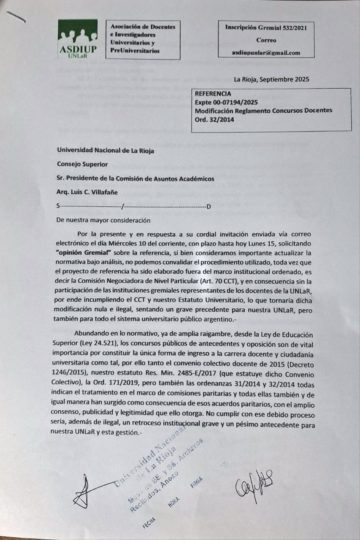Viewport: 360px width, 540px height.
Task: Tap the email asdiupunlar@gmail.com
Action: [266, 53]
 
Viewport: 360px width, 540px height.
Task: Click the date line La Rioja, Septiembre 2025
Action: [272, 79]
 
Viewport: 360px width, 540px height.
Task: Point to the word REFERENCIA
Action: [213, 94]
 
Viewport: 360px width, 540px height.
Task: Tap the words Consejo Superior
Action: [82, 164]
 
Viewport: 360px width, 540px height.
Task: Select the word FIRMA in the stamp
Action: [197, 482]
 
